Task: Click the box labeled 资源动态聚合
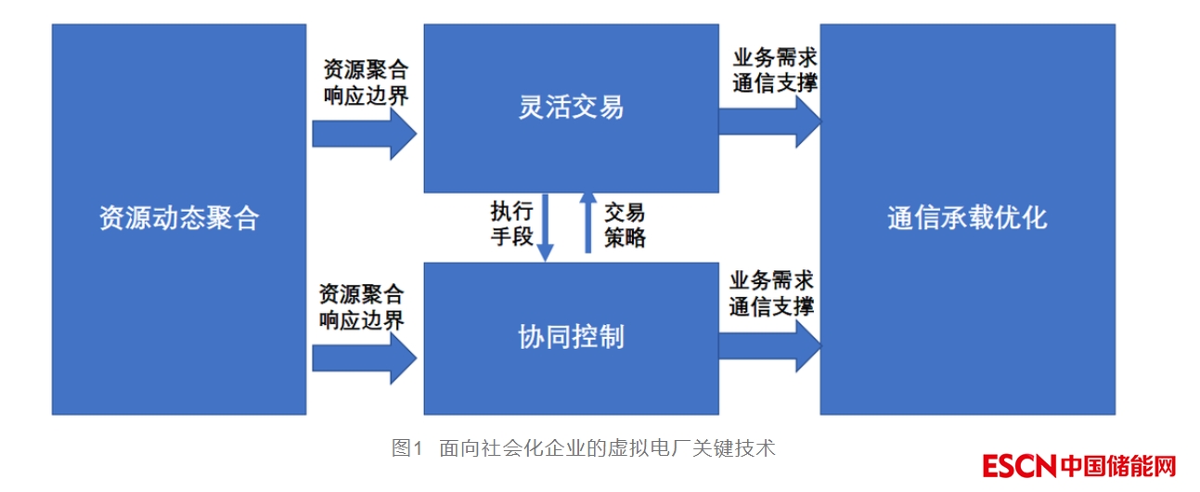pos(178,219)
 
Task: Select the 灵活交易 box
pos(571,109)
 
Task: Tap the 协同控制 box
pos(571,337)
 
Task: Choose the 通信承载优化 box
pos(967,219)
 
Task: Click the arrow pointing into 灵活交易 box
pos(364,134)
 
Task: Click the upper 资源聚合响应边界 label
pos(366,83)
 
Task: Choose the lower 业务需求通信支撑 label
pos(771,293)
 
